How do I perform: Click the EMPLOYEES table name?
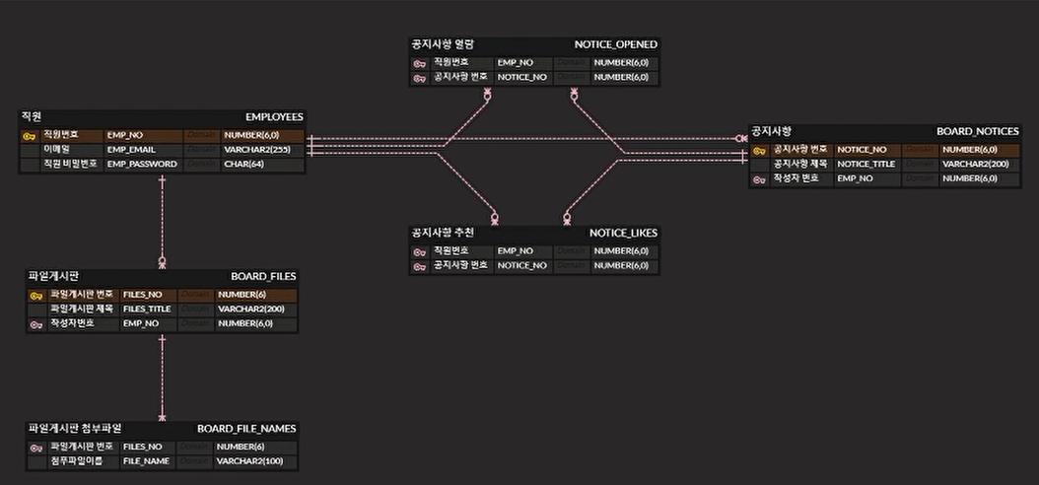pos(274,116)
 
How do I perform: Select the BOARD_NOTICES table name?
pos(977,131)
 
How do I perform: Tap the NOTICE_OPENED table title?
pos(616,44)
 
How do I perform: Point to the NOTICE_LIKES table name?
pos(623,233)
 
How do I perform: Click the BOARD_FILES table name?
pos(263,276)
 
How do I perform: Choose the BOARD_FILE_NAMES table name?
pos(246,429)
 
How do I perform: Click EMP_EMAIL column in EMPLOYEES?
pos(129,149)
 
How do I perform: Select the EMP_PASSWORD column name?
pos(141,164)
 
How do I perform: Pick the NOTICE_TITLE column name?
pos(866,164)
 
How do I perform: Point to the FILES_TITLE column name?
pos(147,309)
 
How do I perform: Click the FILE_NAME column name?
pos(146,460)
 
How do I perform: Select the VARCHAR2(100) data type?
pos(249,460)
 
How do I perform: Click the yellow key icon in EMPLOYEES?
pos(30,135)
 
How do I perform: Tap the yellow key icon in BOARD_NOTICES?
pos(759,150)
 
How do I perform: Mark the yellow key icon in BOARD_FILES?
pos(35,295)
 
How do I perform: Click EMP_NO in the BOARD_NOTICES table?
pos(854,178)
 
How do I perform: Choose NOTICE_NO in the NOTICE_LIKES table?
pos(522,265)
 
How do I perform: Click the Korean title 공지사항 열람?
pos(443,44)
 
